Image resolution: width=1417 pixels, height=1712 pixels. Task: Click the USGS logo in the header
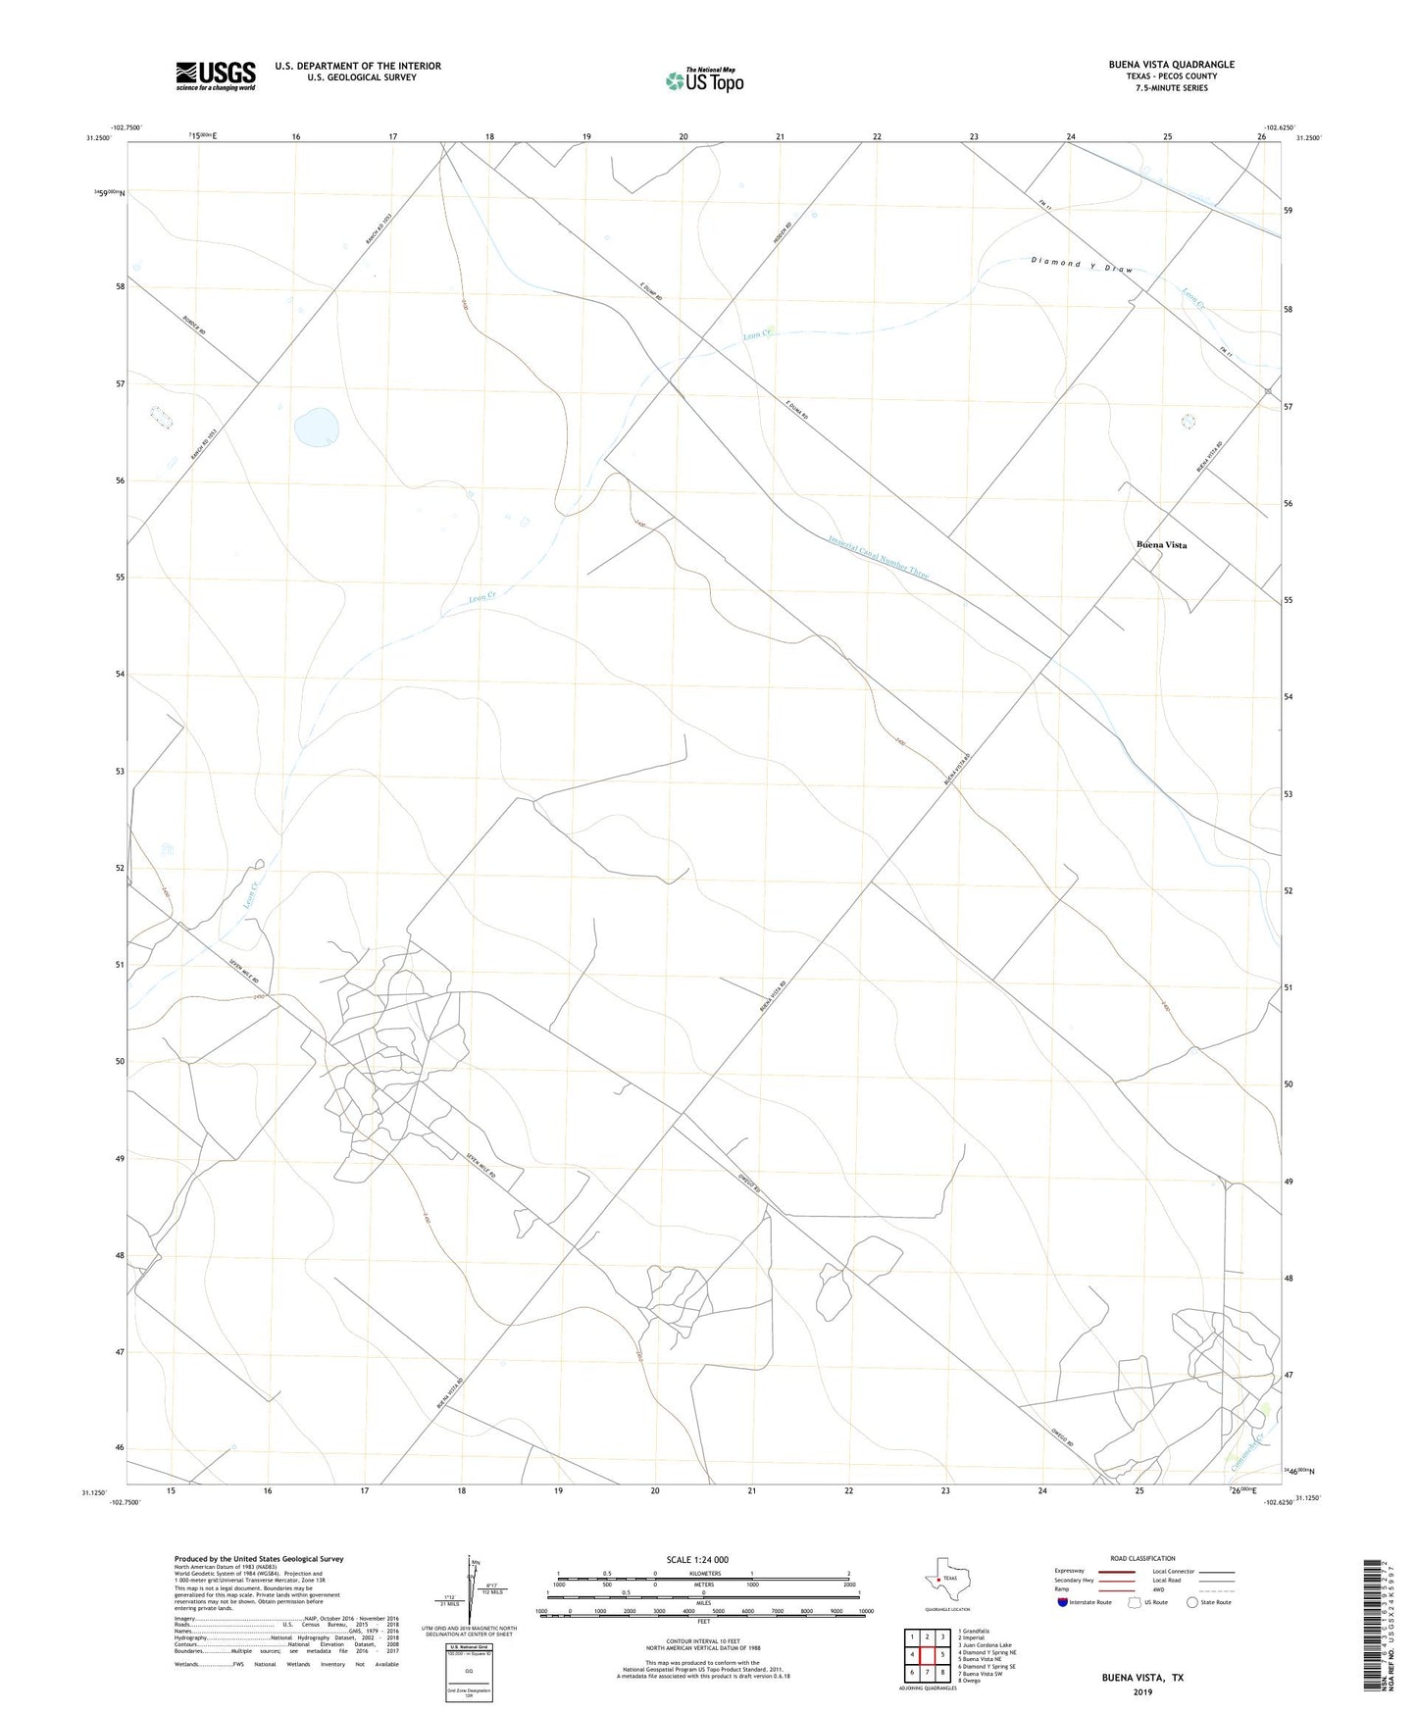pos(216,76)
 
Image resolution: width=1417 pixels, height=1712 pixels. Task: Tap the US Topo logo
pos(704,80)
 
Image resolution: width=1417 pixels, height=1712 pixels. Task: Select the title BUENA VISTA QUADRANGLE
pos(1171,65)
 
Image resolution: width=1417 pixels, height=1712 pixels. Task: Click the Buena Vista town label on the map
pos(1161,544)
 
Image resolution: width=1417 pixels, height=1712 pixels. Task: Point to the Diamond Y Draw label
pos(1082,265)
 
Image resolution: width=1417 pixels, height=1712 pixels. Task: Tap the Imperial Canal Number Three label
pos(878,556)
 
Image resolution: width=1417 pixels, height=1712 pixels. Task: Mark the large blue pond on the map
pos(318,427)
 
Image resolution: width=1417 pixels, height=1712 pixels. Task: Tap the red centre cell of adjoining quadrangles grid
pos(927,1655)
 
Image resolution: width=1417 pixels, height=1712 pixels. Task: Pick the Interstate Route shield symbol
pos(1063,1602)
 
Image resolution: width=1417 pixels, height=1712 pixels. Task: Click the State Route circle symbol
pos(1192,1602)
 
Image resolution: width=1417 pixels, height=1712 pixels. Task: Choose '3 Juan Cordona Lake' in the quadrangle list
pos(985,1645)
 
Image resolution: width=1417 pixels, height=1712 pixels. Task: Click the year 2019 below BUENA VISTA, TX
pos(1142,1692)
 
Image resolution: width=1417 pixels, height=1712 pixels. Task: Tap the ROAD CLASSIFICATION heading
pos(1142,1558)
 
